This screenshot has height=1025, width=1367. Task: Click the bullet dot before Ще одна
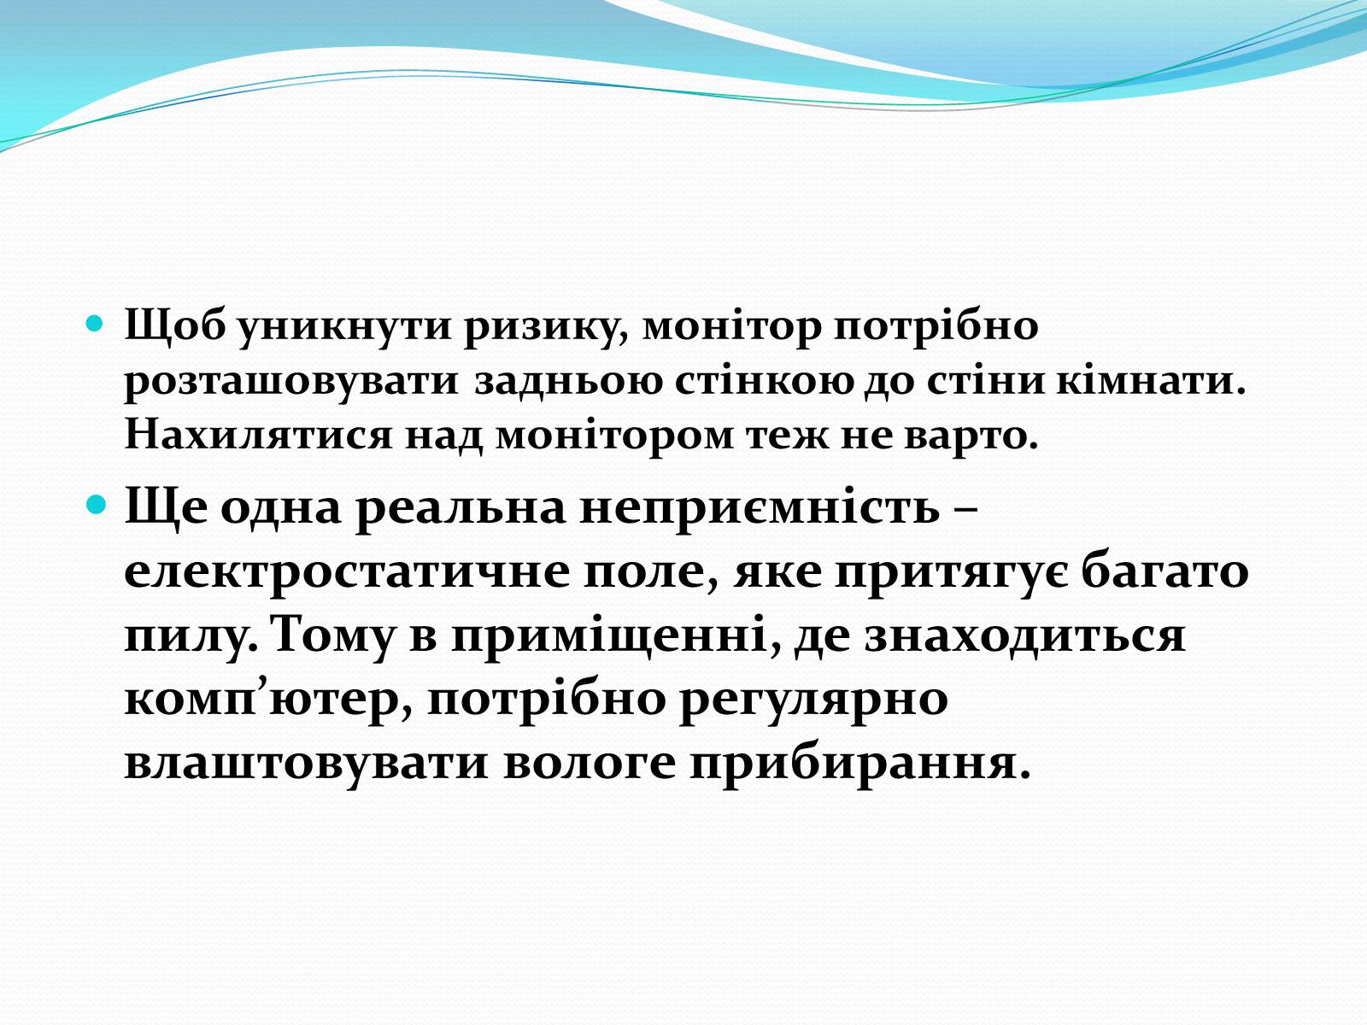(x=96, y=503)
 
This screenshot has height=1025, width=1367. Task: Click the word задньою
(x=567, y=381)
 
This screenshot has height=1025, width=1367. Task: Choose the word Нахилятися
(x=259, y=434)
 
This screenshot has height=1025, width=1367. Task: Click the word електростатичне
(x=347, y=571)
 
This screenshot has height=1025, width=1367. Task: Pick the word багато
(x=1165, y=572)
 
